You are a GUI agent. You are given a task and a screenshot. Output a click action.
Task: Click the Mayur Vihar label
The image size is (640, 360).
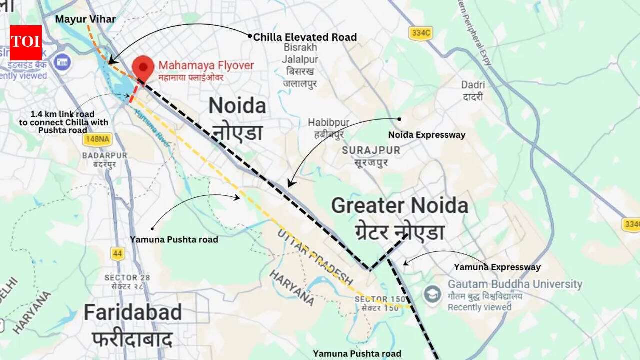pyautogui.click(x=85, y=19)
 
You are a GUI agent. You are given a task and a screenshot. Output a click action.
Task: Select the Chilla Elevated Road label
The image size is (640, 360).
pyautogui.click(x=305, y=37)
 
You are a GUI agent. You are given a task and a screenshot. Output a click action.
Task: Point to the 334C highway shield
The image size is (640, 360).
pyautogui.click(x=420, y=33)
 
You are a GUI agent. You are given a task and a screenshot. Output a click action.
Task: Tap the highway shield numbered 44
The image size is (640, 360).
pyautogui.click(x=117, y=253)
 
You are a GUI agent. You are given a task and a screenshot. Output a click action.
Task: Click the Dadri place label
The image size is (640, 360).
pyautogui.click(x=472, y=85)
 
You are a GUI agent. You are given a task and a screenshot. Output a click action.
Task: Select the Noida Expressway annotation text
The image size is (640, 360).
pyautogui.click(x=426, y=135)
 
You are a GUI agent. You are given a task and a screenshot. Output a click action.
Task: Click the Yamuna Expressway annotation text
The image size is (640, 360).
pyautogui.click(x=497, y=267)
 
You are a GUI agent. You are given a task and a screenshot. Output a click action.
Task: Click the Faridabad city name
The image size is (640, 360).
pyautogui.click(x=132, y=313)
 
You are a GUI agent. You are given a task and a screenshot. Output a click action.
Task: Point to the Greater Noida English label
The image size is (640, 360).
pyautogui.click(x=399, y=206)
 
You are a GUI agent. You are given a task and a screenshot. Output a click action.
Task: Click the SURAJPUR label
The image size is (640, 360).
pyautogui.click(x=371, y=150)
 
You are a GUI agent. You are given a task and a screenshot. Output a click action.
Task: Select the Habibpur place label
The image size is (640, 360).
pyautogui.click(x=327, y=122)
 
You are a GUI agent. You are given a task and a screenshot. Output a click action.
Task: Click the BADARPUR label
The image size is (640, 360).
pyautogui.click(x=104, y=156)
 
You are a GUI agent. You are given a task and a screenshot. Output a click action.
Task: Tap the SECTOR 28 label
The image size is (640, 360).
pyautogui.click(x=127, y=277)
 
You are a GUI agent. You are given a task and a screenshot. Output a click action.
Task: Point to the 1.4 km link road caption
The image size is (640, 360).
pyautogui.click(x=63, y=122)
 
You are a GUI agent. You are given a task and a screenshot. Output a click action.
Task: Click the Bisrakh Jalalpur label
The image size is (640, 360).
pyautogui.click(x=300, y=53)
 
